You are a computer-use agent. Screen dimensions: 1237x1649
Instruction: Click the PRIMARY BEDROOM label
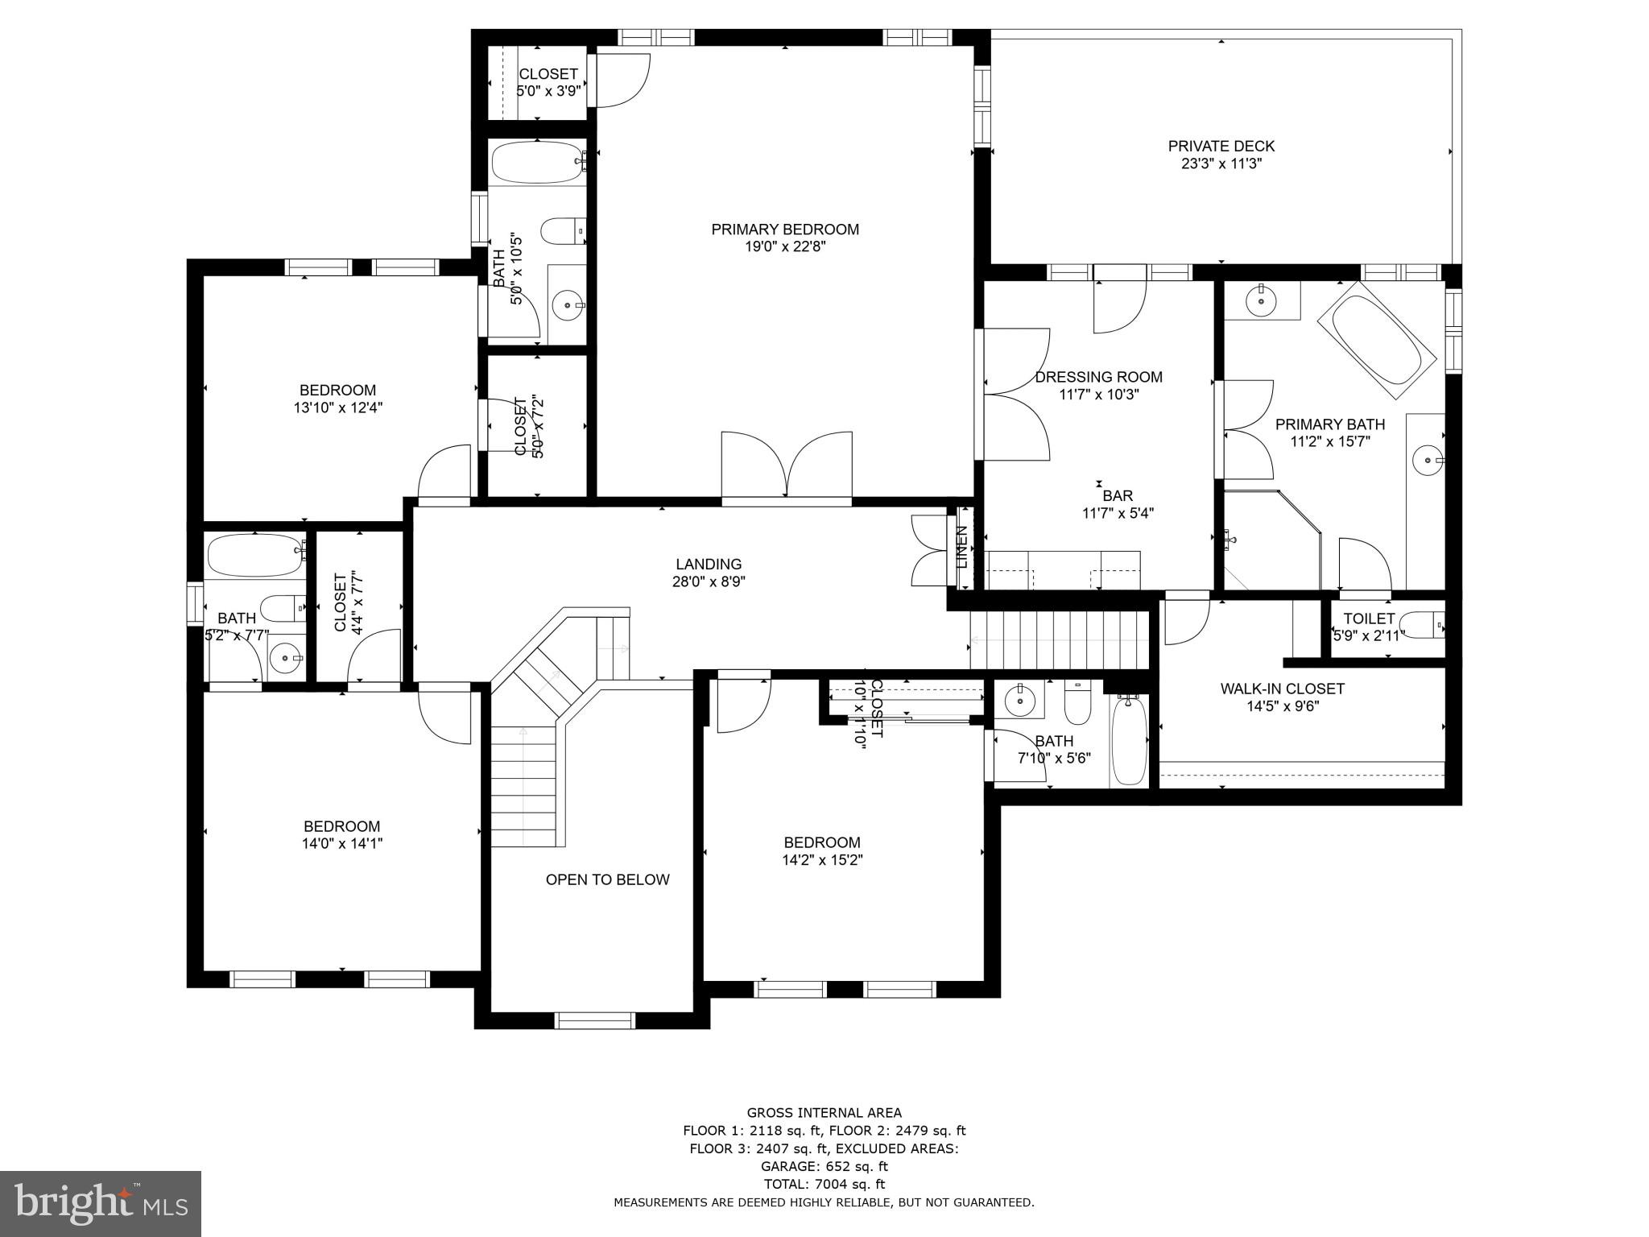[785, 230]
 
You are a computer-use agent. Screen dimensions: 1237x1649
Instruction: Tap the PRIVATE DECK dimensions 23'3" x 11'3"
[1221, 163]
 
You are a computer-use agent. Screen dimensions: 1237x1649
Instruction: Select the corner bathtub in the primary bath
[1377, 340]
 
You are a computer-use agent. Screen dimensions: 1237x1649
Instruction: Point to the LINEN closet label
[961, 547]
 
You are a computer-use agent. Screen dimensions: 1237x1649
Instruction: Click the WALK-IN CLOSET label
[1282, 689]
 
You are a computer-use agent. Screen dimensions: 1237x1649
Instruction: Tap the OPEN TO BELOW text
[607, 879]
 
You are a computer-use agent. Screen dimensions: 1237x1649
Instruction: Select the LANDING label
[709, 565]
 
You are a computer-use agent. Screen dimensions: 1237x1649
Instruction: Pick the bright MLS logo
[101, 1204]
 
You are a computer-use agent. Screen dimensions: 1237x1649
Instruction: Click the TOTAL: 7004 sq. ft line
[824, 1184]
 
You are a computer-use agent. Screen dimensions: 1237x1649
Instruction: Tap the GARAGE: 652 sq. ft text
[824, 1166]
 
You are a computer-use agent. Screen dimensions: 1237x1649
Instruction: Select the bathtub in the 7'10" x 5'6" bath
[1128, 741]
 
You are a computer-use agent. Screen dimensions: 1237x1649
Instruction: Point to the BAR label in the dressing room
[1118, 496]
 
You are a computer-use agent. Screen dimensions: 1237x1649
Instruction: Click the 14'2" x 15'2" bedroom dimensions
[822, 860]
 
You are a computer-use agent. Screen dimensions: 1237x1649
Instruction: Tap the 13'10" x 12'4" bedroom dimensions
[337, 408]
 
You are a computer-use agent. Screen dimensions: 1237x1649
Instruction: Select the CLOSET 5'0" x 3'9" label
[548, 82]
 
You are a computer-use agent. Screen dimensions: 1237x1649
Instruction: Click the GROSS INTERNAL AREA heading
[824, 1113]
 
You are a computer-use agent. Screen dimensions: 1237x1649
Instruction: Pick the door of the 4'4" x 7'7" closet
[374, 656]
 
